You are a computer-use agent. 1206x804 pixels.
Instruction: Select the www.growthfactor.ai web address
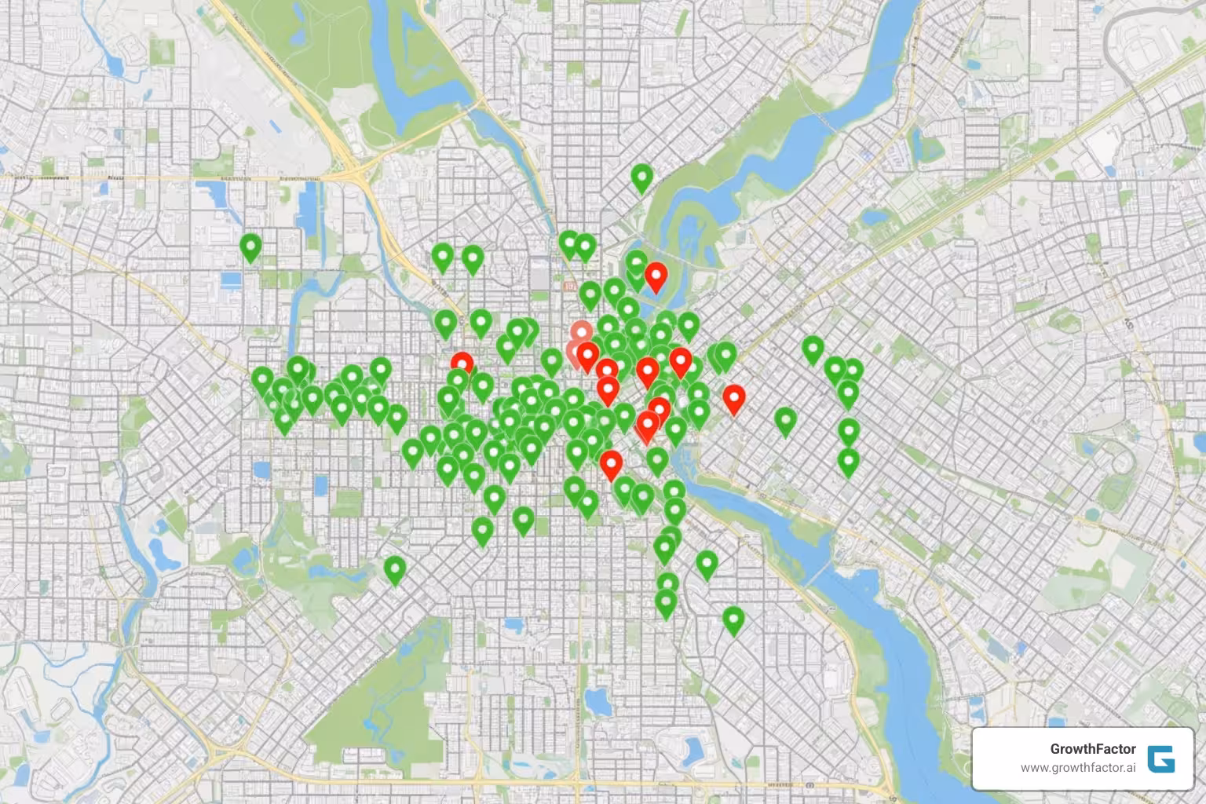tap(1078, 767)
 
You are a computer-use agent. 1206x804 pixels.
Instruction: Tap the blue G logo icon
tap(1161, 758)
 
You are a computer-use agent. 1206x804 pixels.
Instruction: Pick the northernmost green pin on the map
tap(642, 177)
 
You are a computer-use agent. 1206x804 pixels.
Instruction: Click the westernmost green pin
tap(250, 247)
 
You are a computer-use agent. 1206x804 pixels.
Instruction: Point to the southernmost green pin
tap(733, 619)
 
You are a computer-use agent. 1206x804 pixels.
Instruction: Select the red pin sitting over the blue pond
tap(656, 276)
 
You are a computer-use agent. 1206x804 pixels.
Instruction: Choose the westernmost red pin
tap(462, 364)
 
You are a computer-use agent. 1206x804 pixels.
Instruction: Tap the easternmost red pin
tap(733, 397)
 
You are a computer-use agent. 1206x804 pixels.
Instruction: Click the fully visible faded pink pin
tap(582, 332)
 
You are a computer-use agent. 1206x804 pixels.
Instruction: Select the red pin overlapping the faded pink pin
tap(587, 355)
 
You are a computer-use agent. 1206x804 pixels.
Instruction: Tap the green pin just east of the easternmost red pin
tap(786, 420)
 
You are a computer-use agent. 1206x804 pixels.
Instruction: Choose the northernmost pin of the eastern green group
tap(813, 349)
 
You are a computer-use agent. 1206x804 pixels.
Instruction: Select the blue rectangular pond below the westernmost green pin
tap(232, 280)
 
